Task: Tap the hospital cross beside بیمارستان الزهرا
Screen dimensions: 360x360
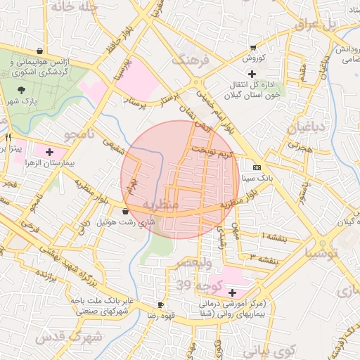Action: tap(49, 151)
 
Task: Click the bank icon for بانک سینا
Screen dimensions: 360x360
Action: tap(256, 167)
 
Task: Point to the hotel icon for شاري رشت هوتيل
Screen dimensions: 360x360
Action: tap(125, 211)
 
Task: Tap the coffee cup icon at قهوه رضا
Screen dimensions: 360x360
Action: tap(161, 304)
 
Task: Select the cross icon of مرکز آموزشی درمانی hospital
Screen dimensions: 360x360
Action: tap(232, 292)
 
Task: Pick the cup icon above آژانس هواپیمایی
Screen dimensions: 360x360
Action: tap(39, 51)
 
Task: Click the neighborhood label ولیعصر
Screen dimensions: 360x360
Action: tap(193, 262)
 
